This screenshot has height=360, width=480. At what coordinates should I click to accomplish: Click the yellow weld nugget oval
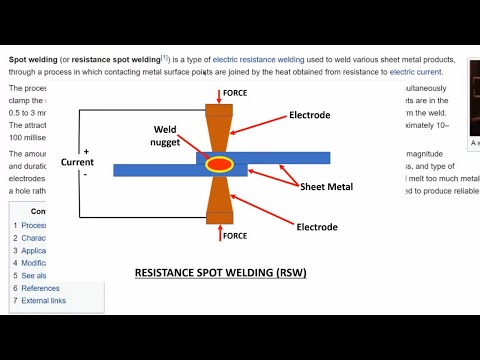point(219,163)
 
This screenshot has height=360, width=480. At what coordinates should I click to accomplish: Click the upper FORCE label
point(235,93)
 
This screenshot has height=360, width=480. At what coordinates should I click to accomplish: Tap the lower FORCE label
point(235,236)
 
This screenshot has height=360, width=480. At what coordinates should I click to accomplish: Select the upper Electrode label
point(309,116)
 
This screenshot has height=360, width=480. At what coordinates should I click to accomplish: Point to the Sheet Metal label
point(333,187)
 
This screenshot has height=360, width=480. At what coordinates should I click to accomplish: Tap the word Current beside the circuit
point(78,162)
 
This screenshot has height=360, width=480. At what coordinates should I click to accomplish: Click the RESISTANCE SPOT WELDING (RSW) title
point(220,272)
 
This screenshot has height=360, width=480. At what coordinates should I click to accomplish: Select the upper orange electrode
point(219,130)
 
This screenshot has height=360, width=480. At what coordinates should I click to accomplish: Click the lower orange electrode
point(219,199)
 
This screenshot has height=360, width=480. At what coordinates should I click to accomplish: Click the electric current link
point(417,72)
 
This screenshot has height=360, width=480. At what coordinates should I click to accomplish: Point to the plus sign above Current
point(87,151)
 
